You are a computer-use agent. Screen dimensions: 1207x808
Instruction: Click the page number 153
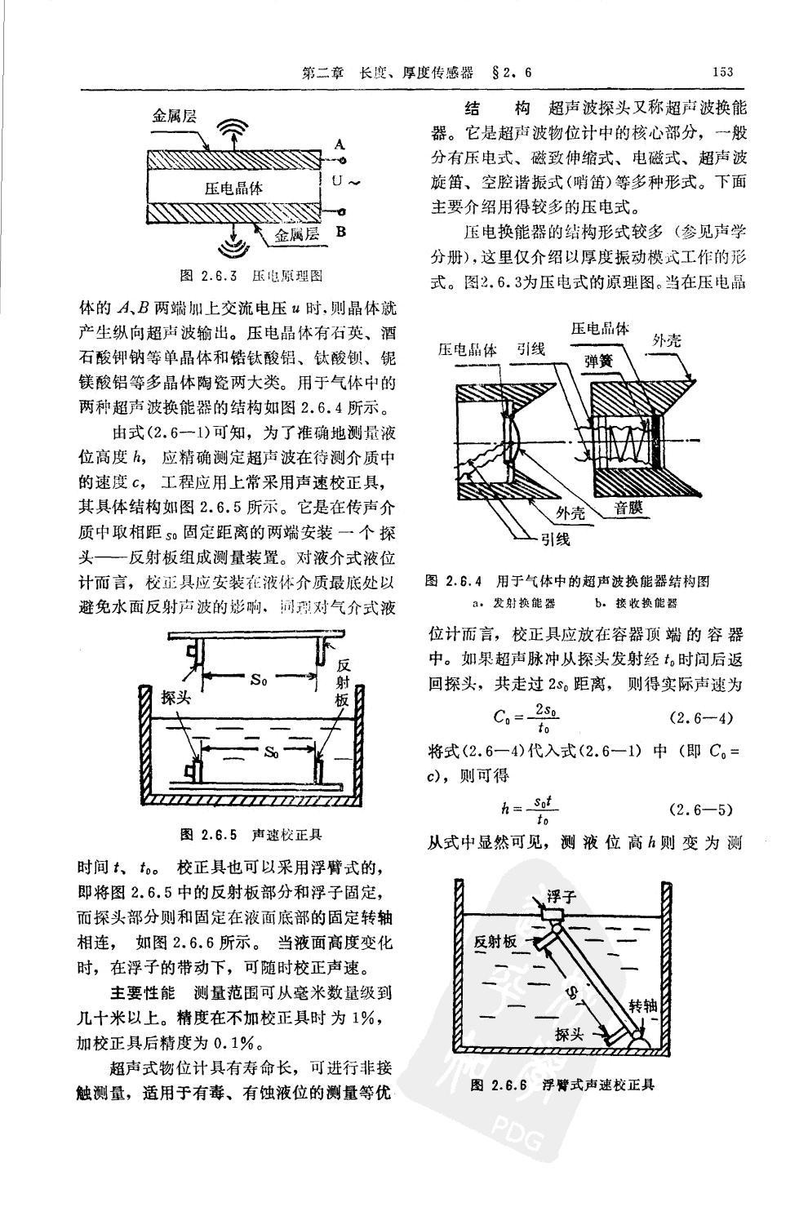click(x=722, y=73)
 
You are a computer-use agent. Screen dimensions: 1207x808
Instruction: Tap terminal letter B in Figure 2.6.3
click(x=341, y=231)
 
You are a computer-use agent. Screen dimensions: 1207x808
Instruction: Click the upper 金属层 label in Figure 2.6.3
click(x=175, y=117)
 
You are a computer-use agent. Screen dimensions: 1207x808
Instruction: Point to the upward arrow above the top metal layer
click(x=236, y=143)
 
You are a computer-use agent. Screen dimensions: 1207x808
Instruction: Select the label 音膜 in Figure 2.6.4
click(x=628, y=508)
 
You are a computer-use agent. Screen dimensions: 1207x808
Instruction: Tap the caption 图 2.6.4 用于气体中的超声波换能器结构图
click(x=567, y=581)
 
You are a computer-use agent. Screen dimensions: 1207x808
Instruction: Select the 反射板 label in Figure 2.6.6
click(x=495, y=942)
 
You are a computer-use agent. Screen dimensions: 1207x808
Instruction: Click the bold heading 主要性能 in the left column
click(x=142, y=993)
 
